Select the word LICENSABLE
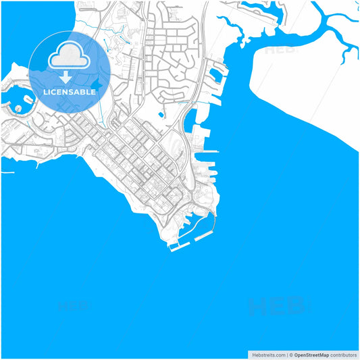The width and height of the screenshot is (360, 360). (x=70, y=92)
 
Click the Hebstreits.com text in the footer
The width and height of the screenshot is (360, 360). (x=266, y=355)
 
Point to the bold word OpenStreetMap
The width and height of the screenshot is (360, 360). (x=311, y=355)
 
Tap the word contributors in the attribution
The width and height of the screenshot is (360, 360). (x=344, y=355)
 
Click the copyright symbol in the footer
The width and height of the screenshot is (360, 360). (x=291, y=355)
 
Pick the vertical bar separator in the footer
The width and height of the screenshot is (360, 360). (x=286, y=355)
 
